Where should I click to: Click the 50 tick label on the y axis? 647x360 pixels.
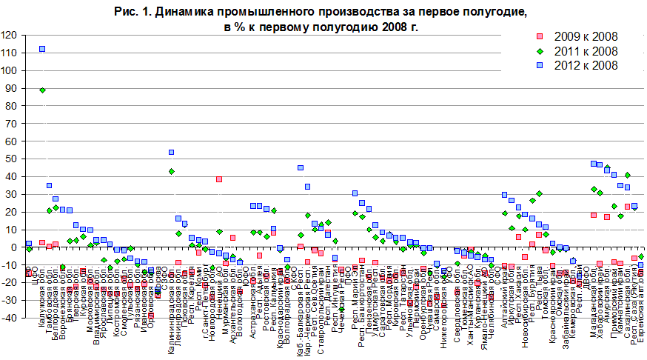pyautogui.click(x=12, y=159)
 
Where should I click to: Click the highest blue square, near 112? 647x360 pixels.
pyautogui.click(x=42, y=49)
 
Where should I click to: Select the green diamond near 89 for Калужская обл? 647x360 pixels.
pyautogui.click(x=42, y=90)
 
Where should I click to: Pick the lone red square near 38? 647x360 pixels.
pyautogui.click(x=219, y=179)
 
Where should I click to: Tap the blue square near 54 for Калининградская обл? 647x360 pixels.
pyautogui.click(x=171, y=152)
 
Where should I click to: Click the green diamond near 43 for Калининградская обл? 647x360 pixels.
pyautogui.click(x=171, y=171)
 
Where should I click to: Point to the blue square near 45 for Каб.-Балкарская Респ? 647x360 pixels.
pyautogui.click(x=301, y=168)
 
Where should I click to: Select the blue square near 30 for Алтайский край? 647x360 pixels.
pyautogui.click(x=504, y=195)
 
